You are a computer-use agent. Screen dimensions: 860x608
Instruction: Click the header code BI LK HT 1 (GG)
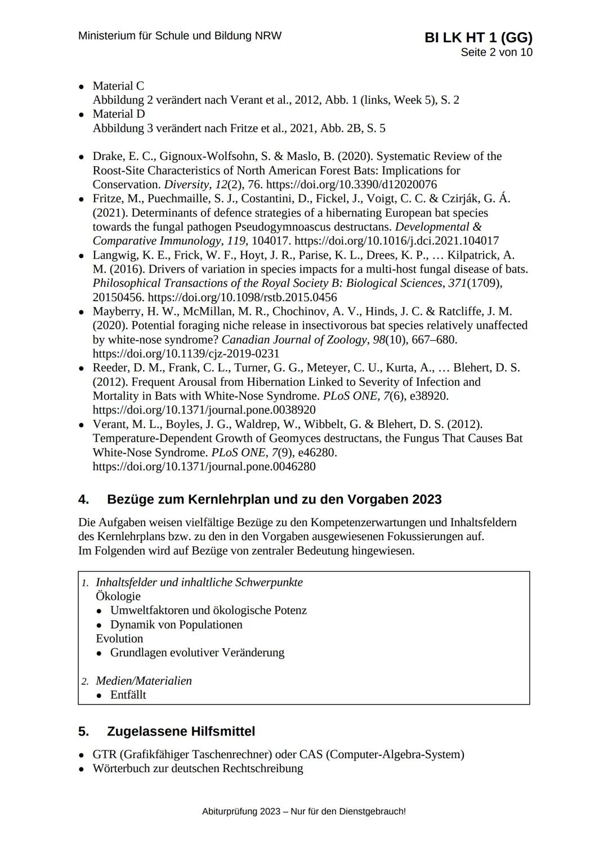[479, 37]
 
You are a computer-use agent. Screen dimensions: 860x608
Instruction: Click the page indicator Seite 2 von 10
[496, 52]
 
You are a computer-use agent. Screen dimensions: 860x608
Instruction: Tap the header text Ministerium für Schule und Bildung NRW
[180, 35]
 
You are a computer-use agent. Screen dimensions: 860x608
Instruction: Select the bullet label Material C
[118, 86]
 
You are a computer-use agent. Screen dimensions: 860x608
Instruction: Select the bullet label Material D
[118, 114]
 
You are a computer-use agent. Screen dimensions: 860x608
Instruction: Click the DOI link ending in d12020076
[351, 185]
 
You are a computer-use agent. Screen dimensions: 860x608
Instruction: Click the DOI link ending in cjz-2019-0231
[186, 354]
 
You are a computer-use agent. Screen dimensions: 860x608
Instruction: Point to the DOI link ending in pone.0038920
[204, 410]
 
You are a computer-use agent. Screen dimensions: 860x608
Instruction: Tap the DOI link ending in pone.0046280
[204, 466]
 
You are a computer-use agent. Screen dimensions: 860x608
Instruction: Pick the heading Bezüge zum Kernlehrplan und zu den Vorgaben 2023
[274, 500]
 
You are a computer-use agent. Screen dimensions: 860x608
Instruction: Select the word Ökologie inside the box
[118, 596]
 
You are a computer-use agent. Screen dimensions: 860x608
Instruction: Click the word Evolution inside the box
[119, 639]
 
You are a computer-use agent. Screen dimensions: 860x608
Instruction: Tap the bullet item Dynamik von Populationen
[176, 625]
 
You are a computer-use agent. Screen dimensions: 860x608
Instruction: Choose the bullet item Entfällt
[128, 695]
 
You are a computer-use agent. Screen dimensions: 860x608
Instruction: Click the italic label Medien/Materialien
[144, 681]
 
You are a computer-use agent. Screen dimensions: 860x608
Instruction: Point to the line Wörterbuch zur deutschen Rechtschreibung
[198, 769]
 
